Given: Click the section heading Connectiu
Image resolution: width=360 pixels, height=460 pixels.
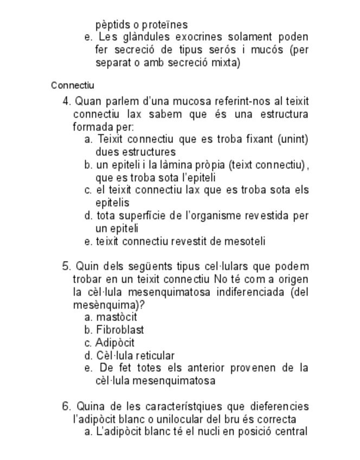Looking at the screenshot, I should click(73, 85).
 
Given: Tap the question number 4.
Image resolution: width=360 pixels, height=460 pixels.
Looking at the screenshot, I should click(67, 101).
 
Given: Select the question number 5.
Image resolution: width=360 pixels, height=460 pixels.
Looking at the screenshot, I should click(67, 266).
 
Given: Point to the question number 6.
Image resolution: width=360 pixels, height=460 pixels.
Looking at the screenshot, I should click(67, 406).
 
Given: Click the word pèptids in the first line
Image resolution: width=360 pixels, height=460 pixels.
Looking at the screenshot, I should click(115, 25).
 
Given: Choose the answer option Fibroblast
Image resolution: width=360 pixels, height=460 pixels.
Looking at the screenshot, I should click(120, 330).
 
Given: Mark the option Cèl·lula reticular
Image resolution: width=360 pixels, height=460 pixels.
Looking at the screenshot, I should click(136, 356).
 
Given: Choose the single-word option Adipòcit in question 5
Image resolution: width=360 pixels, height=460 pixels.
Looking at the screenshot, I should click(115, 343).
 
